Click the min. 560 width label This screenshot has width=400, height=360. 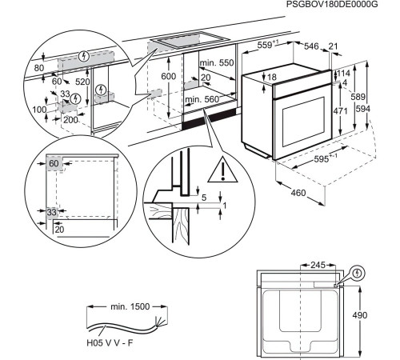(201, 99)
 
